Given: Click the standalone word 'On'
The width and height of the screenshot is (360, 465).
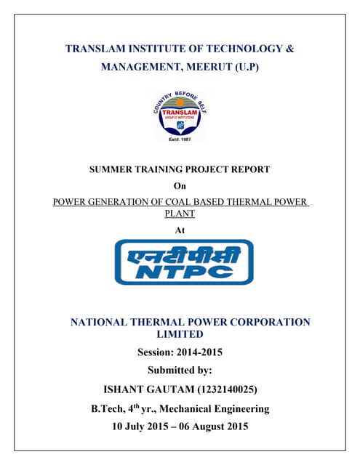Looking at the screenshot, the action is (180, 186).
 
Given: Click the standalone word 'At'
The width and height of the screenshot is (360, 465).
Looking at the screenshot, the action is (180, 230).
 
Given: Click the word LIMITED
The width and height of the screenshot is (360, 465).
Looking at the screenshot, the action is (180, 334).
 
